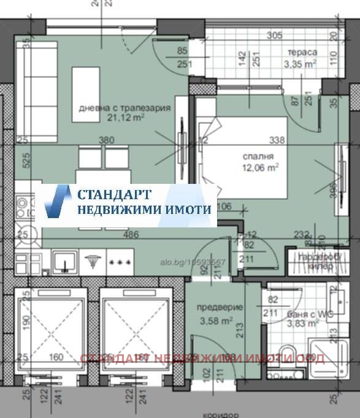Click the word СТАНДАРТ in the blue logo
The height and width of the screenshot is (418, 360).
114,195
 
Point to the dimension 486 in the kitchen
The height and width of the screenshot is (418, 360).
130,234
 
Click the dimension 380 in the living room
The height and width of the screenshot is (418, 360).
107,140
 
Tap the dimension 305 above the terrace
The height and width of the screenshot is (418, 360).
275,36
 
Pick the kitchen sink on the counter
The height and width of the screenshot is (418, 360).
63,262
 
